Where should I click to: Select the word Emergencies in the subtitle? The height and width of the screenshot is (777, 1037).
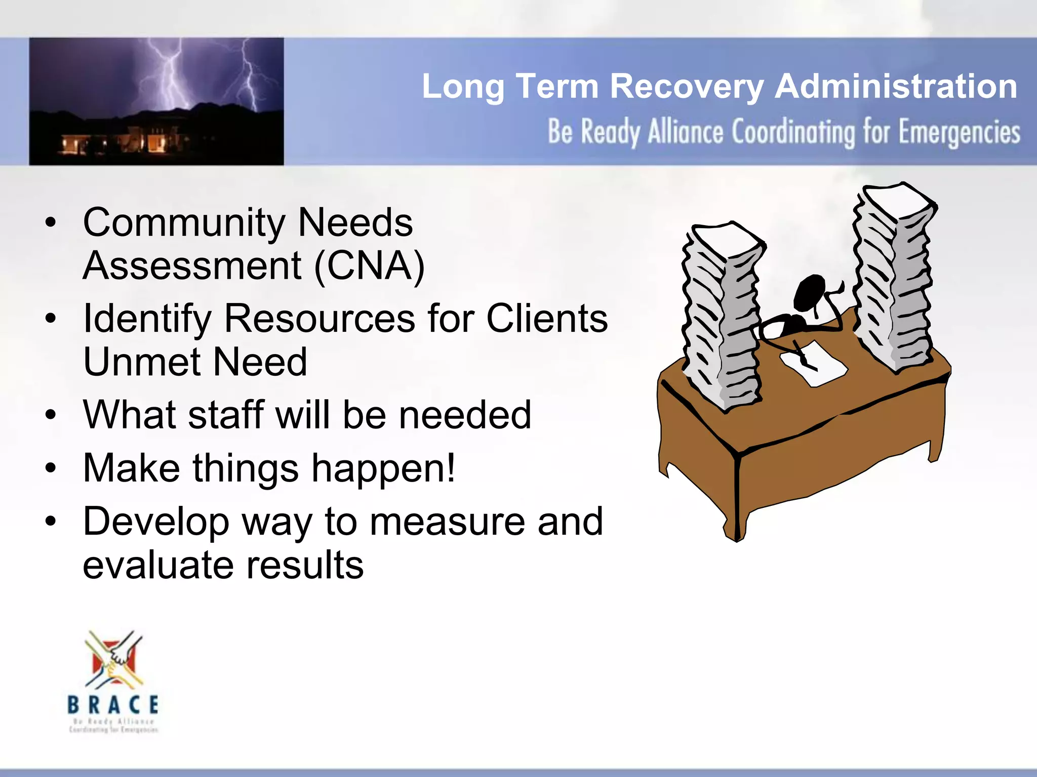[959, 133]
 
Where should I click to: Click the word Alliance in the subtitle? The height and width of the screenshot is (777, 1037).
[686, 133]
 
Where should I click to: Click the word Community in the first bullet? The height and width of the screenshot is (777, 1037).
[184, 223]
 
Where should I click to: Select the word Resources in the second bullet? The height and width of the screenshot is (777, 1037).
[320, 319]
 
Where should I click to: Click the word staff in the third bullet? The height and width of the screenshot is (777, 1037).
[225, 415]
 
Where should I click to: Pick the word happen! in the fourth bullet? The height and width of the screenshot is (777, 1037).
[383, 468]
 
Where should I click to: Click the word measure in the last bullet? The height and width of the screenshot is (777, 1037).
[447, 522]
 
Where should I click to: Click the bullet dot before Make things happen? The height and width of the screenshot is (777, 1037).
[50, 468]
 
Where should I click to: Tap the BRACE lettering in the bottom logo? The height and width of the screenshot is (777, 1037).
[113, 704]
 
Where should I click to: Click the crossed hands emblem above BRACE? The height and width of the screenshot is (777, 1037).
[114, 660]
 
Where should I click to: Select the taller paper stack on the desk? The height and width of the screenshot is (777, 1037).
[894, 278]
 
